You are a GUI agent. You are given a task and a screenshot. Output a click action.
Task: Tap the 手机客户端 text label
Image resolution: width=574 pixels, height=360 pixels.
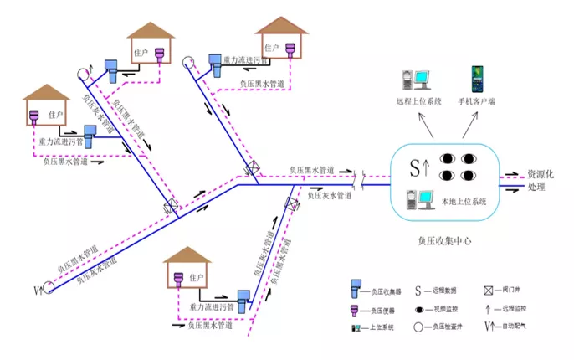[x=475, y=102]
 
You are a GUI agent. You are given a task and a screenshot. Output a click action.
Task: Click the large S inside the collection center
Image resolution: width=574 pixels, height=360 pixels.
[x=415, y=167]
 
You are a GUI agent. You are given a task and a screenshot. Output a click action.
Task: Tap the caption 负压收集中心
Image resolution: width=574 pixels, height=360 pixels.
[x=444, y=240]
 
